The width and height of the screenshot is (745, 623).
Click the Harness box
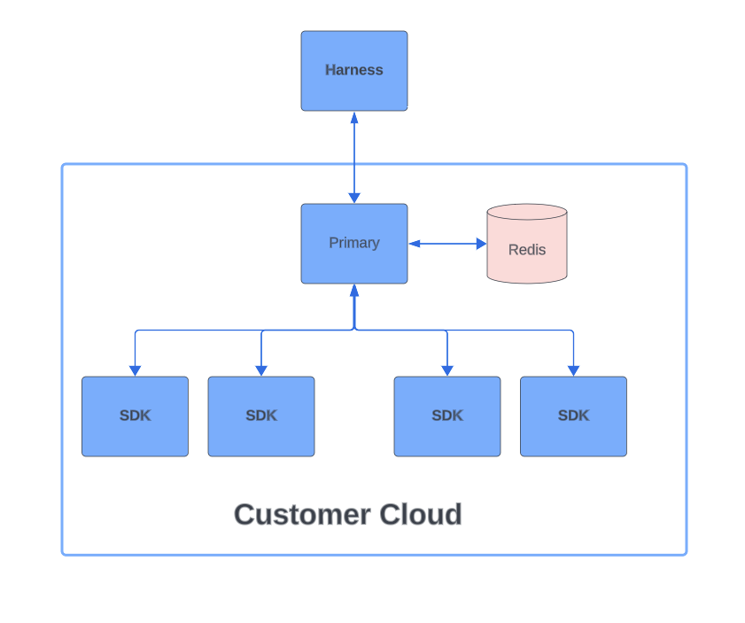[353, 71]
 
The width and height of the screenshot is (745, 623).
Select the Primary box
[353, 244]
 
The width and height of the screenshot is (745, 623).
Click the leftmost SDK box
[135, 417]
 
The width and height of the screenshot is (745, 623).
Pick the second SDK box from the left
[260, 417]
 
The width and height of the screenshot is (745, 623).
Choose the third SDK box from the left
[446, 417]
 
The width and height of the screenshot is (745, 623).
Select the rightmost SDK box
[573, 417]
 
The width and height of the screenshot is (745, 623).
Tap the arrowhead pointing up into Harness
[354, 117]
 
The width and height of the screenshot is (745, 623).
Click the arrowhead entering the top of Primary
[354, 198]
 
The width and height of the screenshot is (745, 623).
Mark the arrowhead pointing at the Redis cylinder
[481, 244]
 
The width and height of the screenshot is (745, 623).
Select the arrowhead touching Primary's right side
[415, 244]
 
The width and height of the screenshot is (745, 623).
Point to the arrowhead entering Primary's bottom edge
[354, 290]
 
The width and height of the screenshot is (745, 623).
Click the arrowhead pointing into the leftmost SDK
[135, 370]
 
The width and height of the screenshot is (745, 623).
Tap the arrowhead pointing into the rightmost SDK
[573, 370]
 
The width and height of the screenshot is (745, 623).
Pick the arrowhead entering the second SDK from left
[260, 370]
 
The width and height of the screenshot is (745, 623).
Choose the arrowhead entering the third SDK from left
[446, 370]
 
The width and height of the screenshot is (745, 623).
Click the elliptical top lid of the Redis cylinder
[526, 213]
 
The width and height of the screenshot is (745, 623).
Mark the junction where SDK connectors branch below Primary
[354, 330]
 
